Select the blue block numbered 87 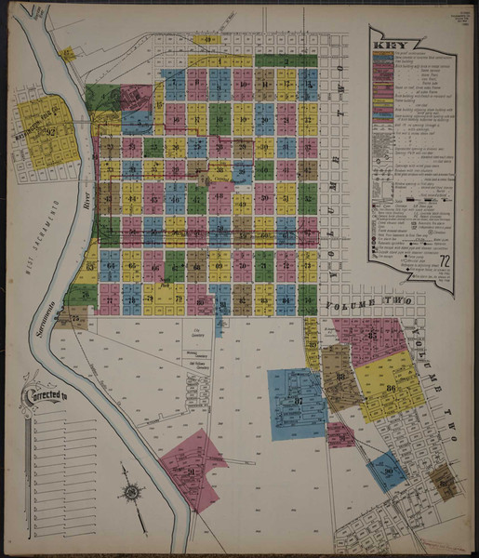coord(297,403)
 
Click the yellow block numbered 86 coord(391,386)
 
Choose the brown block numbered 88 coord(340,377)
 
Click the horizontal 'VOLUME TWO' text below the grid coord(363,302)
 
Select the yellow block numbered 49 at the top coord(209,40)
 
